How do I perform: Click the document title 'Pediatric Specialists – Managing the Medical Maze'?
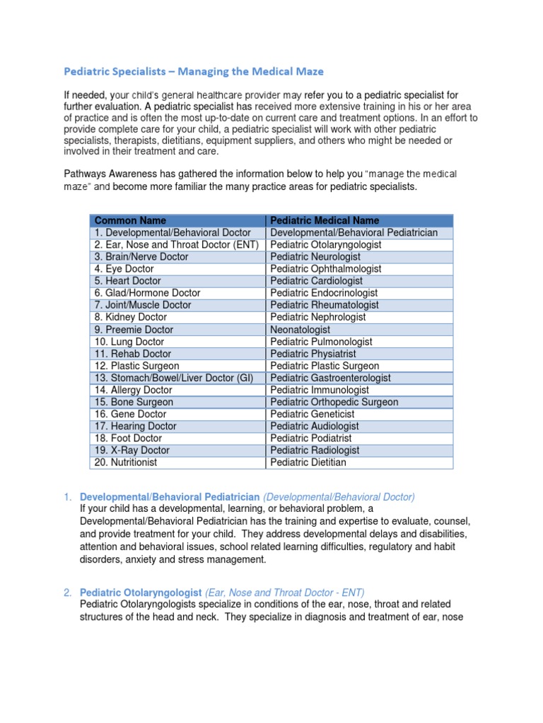(194, 71)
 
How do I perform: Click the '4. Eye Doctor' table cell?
(124, 269)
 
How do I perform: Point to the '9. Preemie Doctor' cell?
(134, 330)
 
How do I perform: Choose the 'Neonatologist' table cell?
(300, 330)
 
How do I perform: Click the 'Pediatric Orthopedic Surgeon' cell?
(334, 402)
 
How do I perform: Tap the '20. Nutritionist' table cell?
(126, 462)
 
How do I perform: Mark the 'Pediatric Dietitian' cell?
(308, 462)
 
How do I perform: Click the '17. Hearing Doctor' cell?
(135, 426)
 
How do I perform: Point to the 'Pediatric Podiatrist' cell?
(310, 438)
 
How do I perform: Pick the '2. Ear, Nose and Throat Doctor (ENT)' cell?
(176, 244)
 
